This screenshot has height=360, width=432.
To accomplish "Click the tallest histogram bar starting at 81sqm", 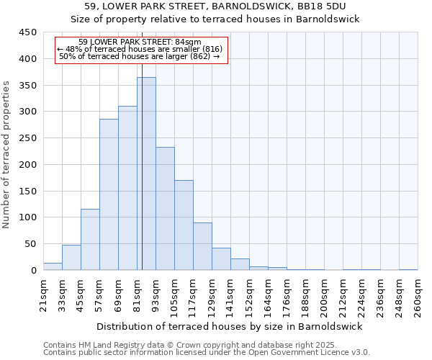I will click(x=146, y=174).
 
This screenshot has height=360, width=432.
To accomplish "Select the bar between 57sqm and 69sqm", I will click(x=109, y=194).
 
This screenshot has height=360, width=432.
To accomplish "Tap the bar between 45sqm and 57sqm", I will click(x=90, y=240).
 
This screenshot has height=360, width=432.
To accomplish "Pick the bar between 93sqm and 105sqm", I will click(x=165, y=209).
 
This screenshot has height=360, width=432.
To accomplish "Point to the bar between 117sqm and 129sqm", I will click(x=202, y=246).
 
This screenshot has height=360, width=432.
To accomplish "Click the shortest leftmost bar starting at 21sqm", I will click(x=53, y=266).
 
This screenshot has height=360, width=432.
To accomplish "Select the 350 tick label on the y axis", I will click(x=27, y=85).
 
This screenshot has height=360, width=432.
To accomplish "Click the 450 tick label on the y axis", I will click(x=27, y=32).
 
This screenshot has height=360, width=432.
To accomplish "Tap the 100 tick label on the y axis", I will click(x=27, y=217).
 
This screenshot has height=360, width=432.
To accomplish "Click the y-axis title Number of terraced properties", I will click(x=6, y=154).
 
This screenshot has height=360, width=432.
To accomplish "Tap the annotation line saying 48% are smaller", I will click(x=141, y=49).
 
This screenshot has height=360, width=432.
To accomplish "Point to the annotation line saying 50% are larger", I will click(x=140, y=56).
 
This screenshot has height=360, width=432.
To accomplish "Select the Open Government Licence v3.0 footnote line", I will click(x=207, y=352).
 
